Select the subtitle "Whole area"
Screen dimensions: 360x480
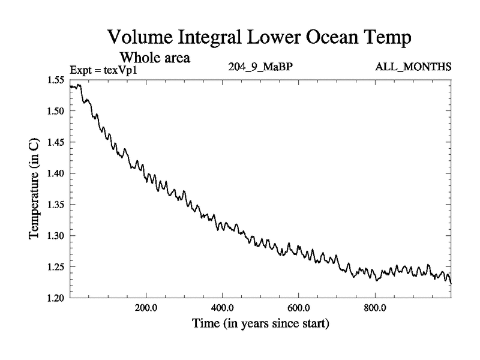click(x=155, y=58)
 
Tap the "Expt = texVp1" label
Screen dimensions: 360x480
click(x=104, y=68)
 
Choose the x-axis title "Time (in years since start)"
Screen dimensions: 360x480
click(x=260, y=324)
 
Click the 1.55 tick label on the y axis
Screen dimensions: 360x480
click(x=58, y=80)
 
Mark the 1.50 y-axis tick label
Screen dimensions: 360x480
click(x=58, y=112)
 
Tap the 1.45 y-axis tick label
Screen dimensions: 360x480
click(x=58, y=143)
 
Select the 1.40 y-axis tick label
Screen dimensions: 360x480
click(x=58, y=174)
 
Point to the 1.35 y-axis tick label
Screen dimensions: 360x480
click(x=58, y=205)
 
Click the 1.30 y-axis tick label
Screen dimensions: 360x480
click(x=58, y=236)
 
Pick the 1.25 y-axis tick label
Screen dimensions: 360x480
click(x=58, y=267)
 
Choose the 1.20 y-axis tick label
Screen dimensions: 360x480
click(x=58, y=298)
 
